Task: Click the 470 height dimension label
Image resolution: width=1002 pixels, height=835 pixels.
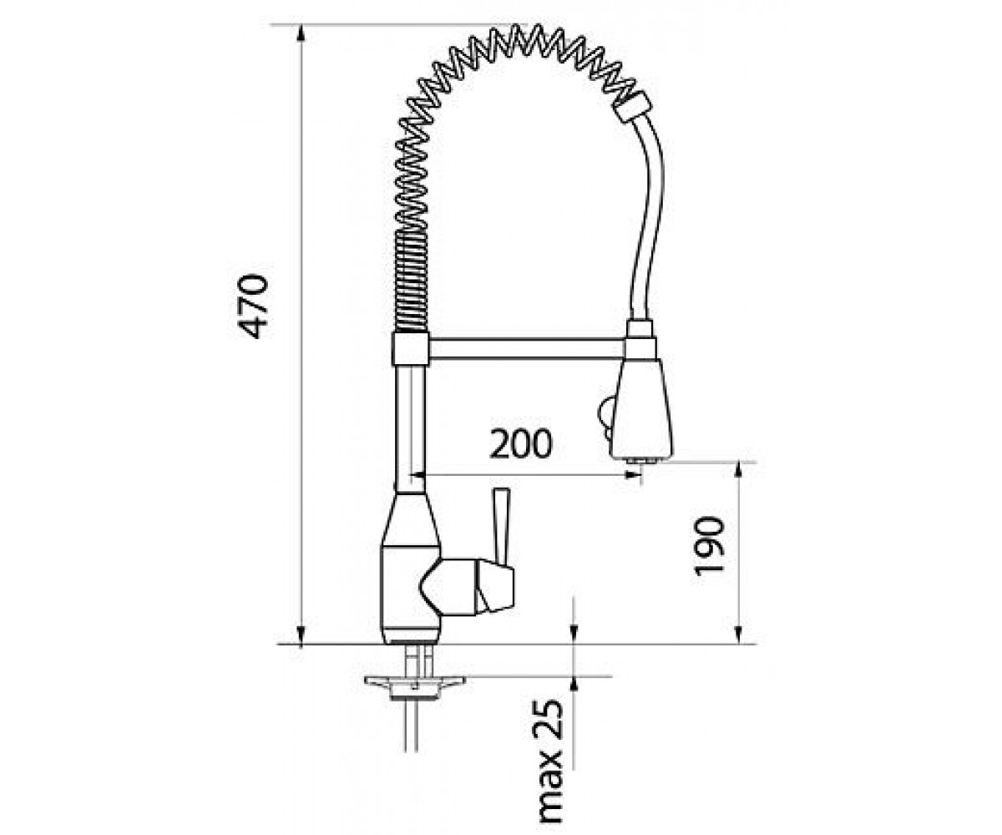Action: (x=252, y=306)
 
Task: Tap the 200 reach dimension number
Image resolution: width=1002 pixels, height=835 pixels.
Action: (x=521, y=444)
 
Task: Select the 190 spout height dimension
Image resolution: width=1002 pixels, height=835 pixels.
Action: (x=708, y=545)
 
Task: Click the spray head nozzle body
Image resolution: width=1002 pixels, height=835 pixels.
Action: (x=642, y=409)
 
